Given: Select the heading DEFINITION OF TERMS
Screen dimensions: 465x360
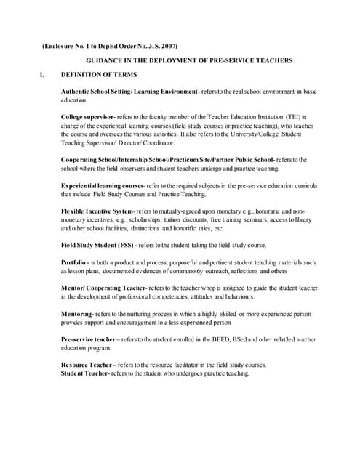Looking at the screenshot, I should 95,75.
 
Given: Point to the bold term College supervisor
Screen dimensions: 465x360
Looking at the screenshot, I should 89,116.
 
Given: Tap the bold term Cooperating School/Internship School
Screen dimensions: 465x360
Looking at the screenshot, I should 138,159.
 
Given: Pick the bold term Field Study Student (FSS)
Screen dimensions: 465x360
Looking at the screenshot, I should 105,245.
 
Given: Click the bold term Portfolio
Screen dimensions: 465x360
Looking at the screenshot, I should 75,262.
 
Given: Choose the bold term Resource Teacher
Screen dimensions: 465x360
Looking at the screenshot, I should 88,365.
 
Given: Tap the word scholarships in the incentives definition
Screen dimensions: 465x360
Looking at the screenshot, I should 148,219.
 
